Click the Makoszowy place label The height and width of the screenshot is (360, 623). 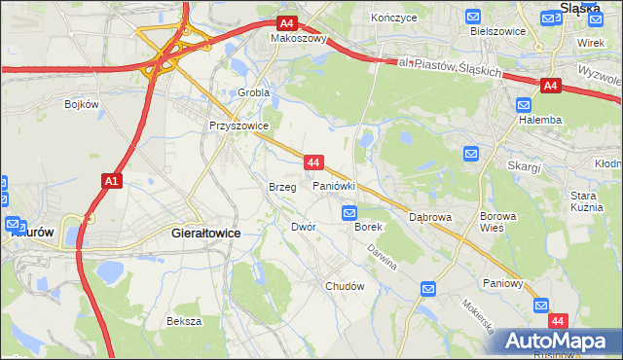299,39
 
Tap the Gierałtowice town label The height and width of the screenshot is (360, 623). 205,234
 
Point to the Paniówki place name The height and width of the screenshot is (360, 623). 333,185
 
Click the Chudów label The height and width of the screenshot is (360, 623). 345,286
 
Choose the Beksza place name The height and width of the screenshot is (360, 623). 183,321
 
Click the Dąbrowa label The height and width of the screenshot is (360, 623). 430,217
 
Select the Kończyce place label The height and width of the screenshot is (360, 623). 393,18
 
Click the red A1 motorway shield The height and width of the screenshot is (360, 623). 110,180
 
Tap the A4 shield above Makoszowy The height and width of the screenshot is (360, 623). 286,23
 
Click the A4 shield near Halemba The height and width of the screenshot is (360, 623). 550,87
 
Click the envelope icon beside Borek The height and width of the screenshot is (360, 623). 348,212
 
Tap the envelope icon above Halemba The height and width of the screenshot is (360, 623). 526,104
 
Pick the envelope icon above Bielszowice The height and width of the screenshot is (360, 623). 473,16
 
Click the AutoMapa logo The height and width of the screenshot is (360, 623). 558,341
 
